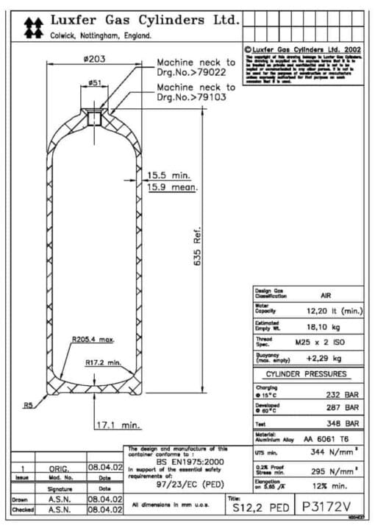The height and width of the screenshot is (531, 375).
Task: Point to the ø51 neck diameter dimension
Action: pos(94,83)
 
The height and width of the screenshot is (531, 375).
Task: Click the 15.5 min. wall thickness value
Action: pos(169,175)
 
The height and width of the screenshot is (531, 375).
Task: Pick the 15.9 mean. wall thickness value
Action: pos(170,188)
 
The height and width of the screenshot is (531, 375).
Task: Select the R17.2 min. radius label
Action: pos(103,362)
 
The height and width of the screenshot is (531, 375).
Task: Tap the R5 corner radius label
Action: pos(28,404)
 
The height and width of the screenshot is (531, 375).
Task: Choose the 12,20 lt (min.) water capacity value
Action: pos(335,311)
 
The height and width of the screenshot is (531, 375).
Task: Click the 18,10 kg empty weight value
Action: pos(324,326)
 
